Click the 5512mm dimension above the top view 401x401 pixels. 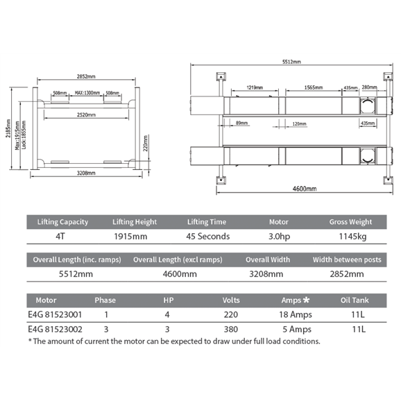point(291,62)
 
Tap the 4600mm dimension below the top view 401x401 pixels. point(305,189)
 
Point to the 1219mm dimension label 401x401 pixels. point(255,87)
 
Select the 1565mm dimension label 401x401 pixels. point(314,87)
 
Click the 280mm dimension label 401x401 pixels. point(369,87)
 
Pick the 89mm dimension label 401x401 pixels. point(241,123)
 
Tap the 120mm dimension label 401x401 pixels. point(299,123)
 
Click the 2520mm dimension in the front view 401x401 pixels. point(86,115)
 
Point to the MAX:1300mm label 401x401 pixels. point(87,92)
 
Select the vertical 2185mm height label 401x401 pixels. point(8,128)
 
